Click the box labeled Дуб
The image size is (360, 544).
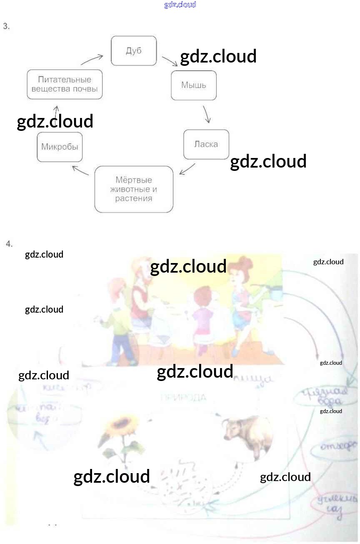pyautogui.click(x=133, y=51)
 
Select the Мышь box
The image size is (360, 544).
pyautogui.click(x=193, y=85)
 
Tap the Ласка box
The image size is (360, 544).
pyautogui.click(x=206, y=144)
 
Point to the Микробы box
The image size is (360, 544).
pyautogui.click(x=60, y=147)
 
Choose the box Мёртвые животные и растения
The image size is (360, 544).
pyautogui.click(x=133, y=189)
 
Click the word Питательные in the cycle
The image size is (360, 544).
pyautogui.click(x=65, y=79)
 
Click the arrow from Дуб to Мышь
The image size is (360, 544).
pyautogui.click(x=170, y=61)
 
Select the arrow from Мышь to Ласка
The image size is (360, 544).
pyautogui.click(x=207, y=114)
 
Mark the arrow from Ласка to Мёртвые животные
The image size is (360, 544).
pyautogui.click(x=187, y=169)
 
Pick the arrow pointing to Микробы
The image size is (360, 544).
pyautogui.click(x=80, y=170)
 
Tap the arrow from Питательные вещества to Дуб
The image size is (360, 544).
pyautogui.click(x=92, y=60)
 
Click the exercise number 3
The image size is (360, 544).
pyautogui.click(x=6, y=26)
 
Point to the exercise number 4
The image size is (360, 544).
pyautogui.click(x=9, y=243)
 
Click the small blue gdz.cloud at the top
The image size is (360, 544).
pyautogui.click(x=180, y=5)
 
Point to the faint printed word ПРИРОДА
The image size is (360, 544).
pyautogui.click(x=183, y=398)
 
